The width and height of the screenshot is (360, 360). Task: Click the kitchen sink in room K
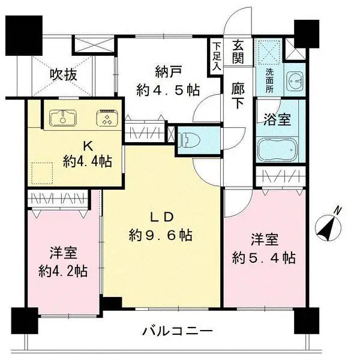click(62, 119)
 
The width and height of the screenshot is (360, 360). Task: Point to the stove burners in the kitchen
click(106, 119)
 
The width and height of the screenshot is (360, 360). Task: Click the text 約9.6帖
click(160, 235)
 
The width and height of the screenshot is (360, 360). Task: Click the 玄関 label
click(238, 51)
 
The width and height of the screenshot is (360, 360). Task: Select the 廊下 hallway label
click(238, 95)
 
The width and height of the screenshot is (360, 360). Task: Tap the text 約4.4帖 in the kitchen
click(86, 160)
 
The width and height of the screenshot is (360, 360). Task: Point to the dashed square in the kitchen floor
click(42, 173)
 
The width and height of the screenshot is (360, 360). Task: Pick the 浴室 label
click(277, 118)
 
